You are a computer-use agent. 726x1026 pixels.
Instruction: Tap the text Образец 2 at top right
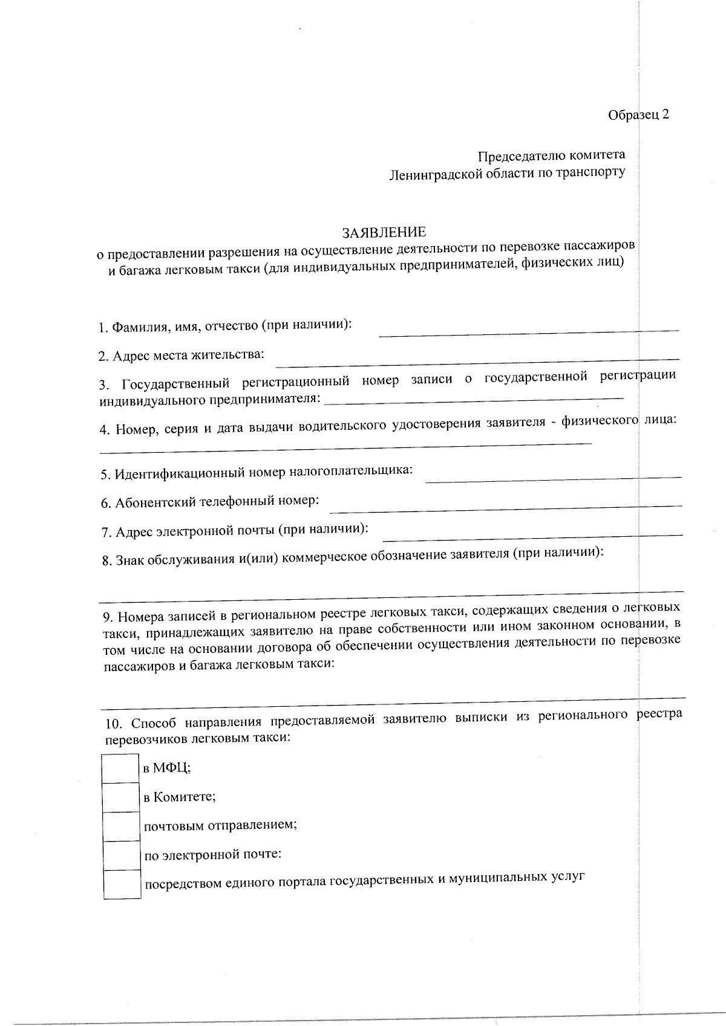click(638, 115)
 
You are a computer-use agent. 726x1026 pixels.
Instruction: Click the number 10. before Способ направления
click(114, 723)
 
